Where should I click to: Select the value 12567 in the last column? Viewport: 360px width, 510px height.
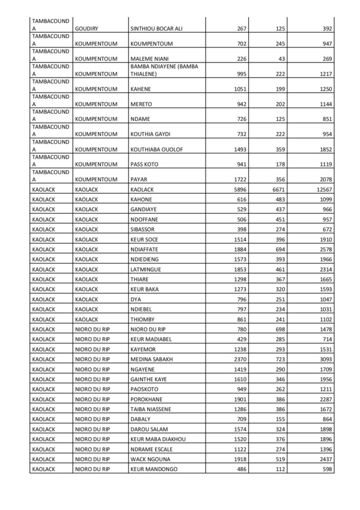point(323,189)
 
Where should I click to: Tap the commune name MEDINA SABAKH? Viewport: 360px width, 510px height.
point(151,359)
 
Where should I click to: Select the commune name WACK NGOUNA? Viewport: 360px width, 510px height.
point(150,458)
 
